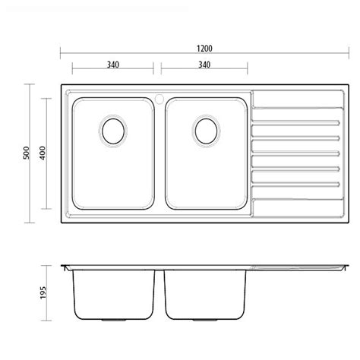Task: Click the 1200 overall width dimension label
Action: click(x=204, y=49)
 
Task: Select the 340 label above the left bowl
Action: click(x=113, y=65)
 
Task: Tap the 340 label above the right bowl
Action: click(x=204, y=65)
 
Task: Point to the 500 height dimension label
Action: click(x=27, y=153)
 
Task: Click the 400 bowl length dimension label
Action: click(x=43, y=153)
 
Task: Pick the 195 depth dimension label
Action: click(x=43, y=292)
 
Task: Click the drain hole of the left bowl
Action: click(x=113, y=131)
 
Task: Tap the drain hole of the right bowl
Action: click(x=206, y=131)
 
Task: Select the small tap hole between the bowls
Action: click(x=159, y=99)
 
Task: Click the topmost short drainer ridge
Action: click(x=295, y=123)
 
